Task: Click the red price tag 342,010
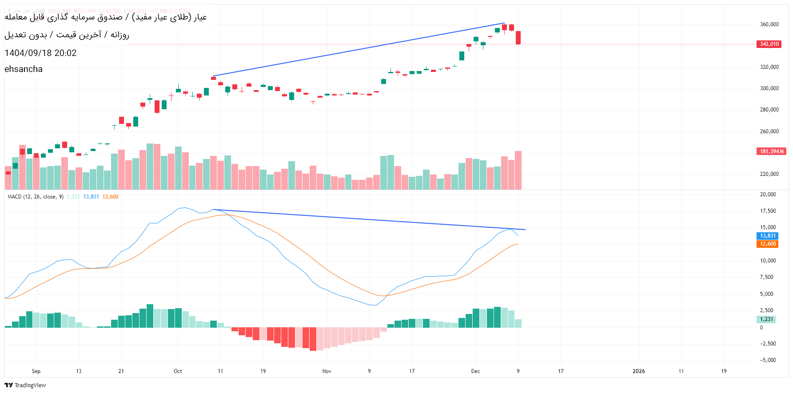(769, 44)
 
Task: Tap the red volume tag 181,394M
(771, 151)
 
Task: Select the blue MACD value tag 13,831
(767, 236)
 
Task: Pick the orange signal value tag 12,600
(767, 244)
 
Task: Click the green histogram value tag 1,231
(766, 319)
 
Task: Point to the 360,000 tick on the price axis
(769, 24)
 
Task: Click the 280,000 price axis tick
(769, 110)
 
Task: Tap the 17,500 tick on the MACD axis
(768, 211)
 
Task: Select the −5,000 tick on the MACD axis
(768, 360)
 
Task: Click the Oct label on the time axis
(178, 371)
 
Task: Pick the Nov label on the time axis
(327, 371)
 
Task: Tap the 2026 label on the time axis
(638, 371)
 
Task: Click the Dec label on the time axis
(475, 371)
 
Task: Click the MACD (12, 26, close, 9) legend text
(36, 197)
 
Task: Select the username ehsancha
(24, 69)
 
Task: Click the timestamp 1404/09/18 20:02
(40, 53)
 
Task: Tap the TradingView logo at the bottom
(25, 385)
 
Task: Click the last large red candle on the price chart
(518, 38)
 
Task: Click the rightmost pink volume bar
(518, 171)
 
